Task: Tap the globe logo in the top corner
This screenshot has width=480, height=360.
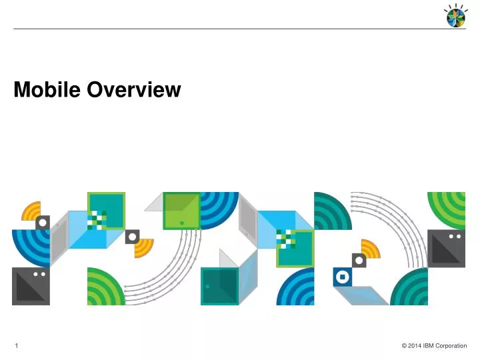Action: pos(456,15)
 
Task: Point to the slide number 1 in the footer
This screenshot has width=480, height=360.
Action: pos(16,345)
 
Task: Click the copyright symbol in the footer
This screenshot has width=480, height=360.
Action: pos(404,345)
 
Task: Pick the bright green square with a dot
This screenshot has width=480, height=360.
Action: pos(181,211)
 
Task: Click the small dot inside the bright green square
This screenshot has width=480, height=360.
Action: pos(181,223)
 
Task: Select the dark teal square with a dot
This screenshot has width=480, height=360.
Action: pos(219,286)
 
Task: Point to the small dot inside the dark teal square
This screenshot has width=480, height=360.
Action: pos(207,286)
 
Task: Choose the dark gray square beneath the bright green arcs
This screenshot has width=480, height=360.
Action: pos(446,248)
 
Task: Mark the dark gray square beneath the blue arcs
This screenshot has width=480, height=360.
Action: pos(30,286)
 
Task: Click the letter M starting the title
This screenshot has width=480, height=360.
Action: pos(21,89)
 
